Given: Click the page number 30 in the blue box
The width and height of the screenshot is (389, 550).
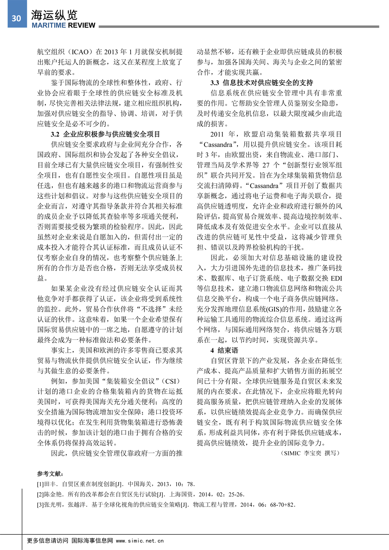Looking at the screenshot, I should pos(16,18).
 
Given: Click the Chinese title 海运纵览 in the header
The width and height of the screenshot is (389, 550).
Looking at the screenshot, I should pos(54,15).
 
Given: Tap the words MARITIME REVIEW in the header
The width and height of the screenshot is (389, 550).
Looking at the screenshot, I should pos(64,26).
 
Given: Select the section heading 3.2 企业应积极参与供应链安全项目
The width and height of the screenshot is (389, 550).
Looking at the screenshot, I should pos(105,134).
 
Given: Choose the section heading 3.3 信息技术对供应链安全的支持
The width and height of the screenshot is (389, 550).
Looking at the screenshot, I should pos(262,83).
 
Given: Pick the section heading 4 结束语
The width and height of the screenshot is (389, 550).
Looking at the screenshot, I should pos(224,350).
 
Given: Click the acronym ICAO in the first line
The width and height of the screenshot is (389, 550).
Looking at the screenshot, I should pos(80,52).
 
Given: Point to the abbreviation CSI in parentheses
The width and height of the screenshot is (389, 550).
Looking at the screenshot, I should pos(171,381).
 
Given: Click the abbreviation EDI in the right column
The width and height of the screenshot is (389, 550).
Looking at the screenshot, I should pos(336,278).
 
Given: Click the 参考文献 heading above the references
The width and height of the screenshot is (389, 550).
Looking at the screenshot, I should pos(50,474).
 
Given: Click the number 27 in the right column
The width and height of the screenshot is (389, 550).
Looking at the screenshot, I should pos(266,165).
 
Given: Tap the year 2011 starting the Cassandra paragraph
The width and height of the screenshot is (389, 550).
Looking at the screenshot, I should pos(217,134).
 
